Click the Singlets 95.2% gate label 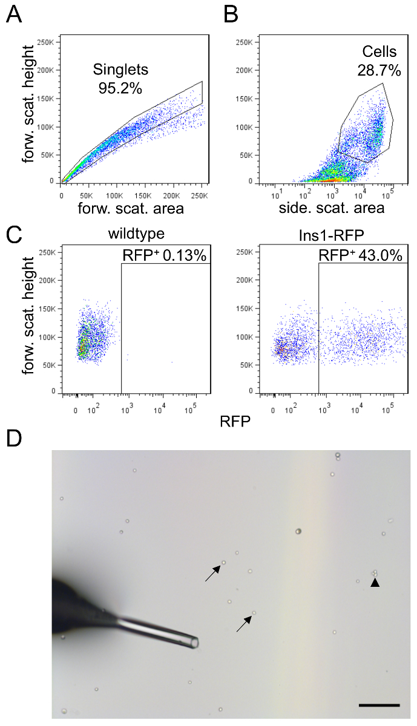pyautogui.click(x=120, y=79)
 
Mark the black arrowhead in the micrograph pyautogui.click(x=375, y=582)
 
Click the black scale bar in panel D pyautogui.click(x=379, y=705)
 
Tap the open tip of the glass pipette pyautogui.click(x=194, y=643)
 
